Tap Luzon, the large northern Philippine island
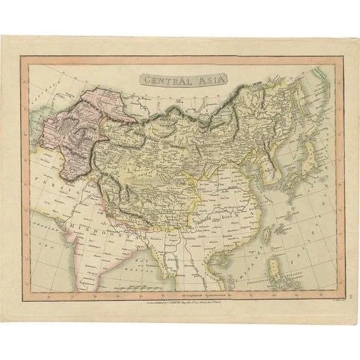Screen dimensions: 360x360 pyautogui.click(x=278, y=266)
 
